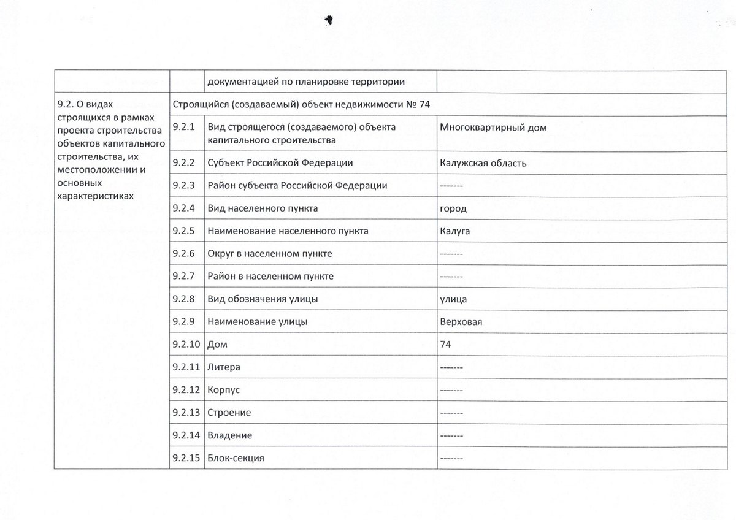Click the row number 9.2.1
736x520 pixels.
point(183,127)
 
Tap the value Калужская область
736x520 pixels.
point(483,163)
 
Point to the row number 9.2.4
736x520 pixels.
point(183,208)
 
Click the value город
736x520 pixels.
point(453,208)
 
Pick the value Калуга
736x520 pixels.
point(454,231)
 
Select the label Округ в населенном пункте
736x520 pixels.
point(270,253)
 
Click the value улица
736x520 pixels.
point(453,299)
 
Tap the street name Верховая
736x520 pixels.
point(461,321)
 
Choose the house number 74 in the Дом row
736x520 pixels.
point(445,345)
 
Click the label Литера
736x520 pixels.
point(224,367)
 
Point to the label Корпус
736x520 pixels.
point(224,390)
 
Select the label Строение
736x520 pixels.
point(229,413)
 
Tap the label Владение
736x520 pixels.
point(230,435)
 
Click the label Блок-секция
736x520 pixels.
point(236,458)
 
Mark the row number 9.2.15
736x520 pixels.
point(186,457)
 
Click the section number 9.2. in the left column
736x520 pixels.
point(66,105)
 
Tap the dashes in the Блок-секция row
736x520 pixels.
point(451,458)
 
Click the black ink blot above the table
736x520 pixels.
point(329,20)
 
